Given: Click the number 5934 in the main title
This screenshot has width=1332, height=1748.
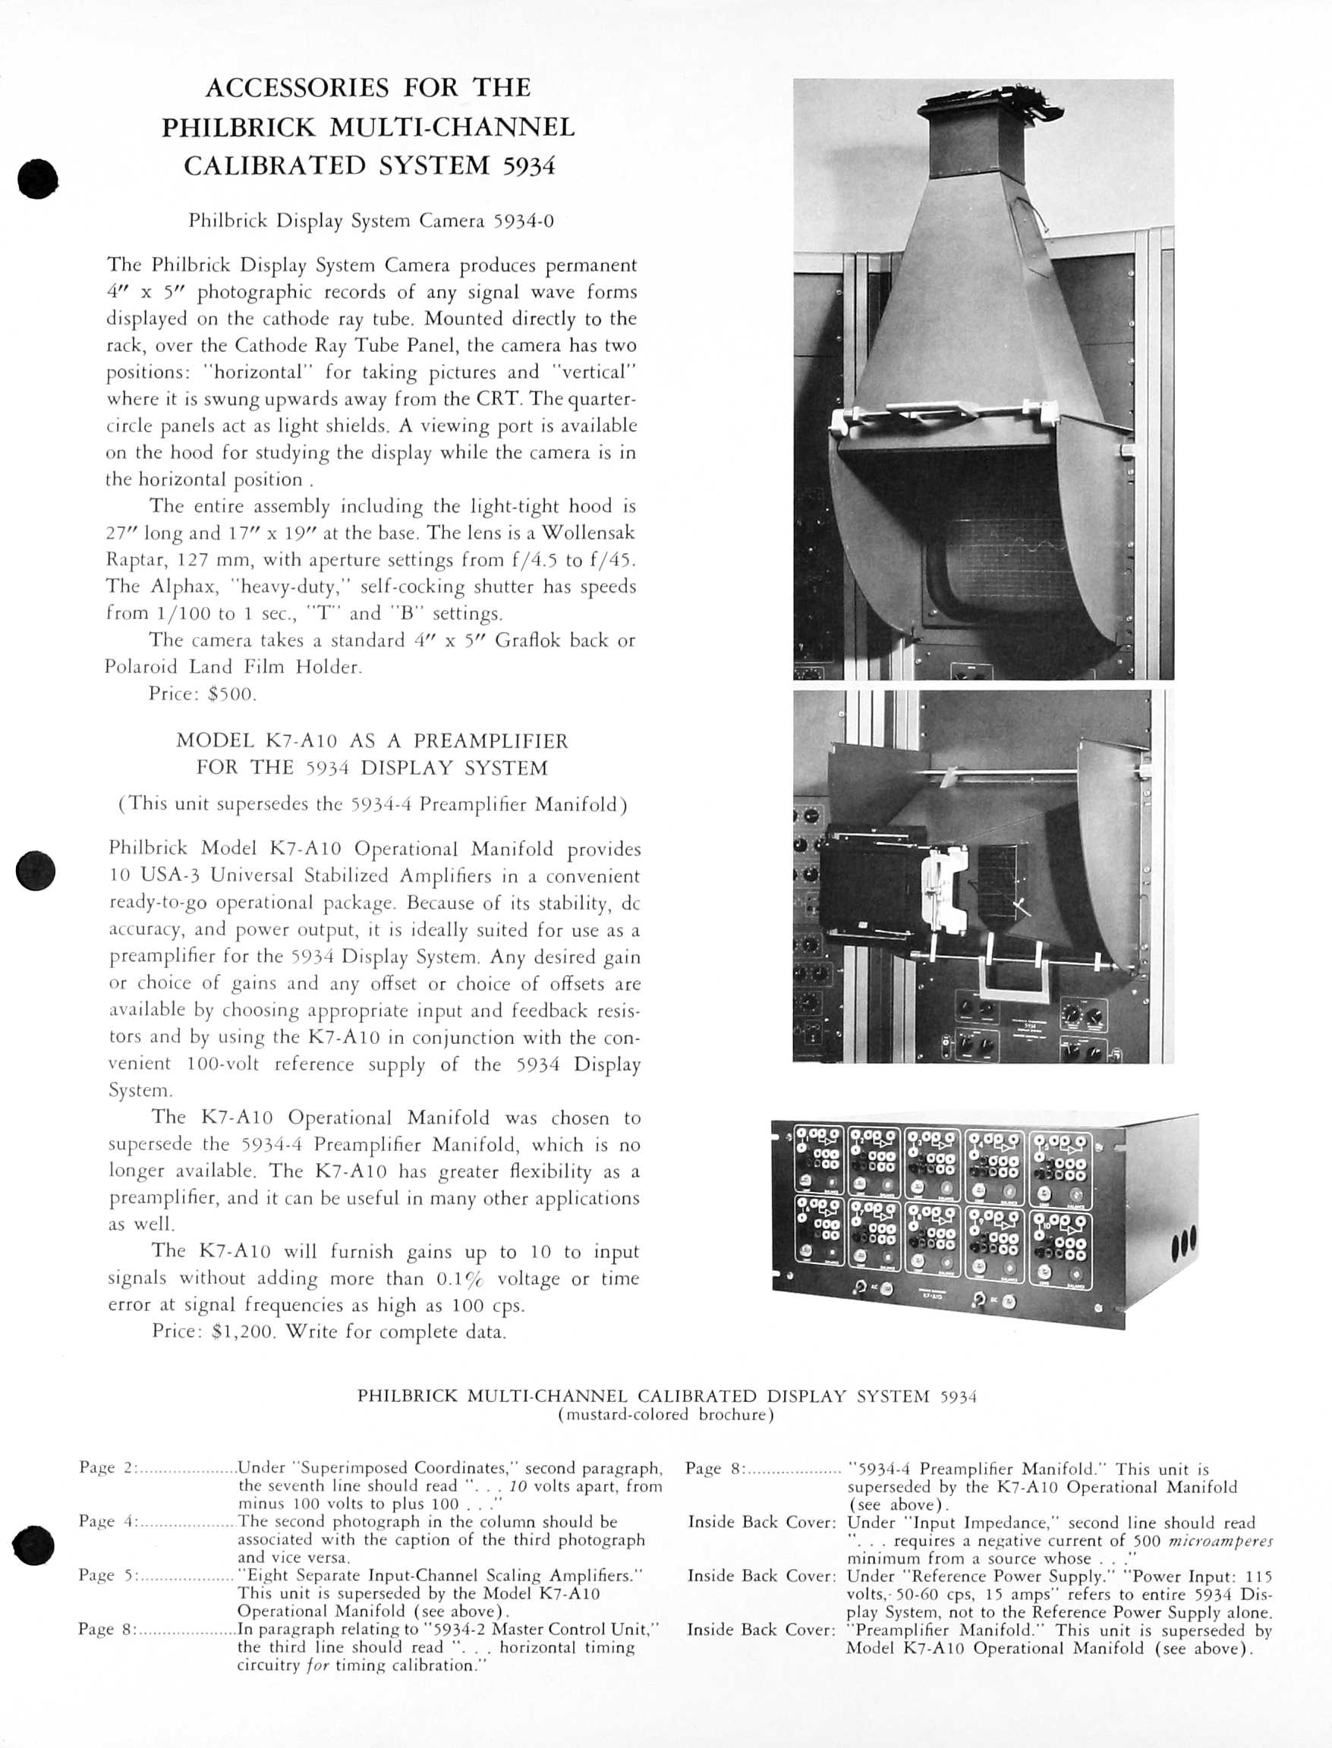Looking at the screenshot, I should click(529, 165).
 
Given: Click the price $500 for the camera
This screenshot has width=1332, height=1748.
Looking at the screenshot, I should click(231, 694).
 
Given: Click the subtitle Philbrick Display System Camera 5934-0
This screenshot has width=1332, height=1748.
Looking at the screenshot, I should click(371, 221).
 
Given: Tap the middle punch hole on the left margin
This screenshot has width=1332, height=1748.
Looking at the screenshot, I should click(36, 872).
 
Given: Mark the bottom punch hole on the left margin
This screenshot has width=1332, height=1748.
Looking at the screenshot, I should click(33, 1546).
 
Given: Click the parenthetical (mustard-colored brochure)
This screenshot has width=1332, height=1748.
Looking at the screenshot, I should click(666, 1414).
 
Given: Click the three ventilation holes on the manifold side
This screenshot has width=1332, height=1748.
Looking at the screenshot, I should click(1185, 1250).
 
